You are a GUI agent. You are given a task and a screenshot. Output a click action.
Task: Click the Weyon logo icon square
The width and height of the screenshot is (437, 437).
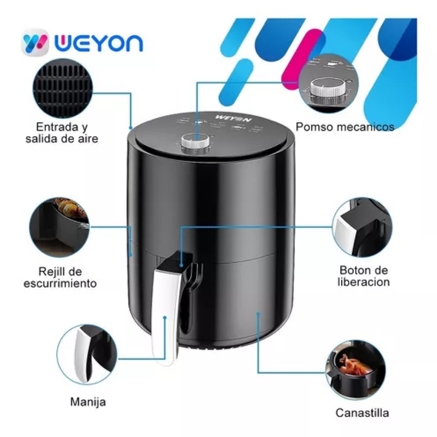coord(35,42)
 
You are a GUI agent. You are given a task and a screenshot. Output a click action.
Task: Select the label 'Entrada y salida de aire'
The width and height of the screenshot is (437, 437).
coord(62,133)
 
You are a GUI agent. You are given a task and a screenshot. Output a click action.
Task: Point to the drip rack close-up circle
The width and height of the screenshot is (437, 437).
coord(59,227)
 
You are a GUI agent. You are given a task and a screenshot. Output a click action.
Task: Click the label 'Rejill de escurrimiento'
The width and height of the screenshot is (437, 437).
coord(60,277)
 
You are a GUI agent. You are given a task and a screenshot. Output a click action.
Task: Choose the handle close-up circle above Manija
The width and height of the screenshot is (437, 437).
coord(86,354)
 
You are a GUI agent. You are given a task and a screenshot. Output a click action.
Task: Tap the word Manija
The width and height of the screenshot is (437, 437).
coord(88,402)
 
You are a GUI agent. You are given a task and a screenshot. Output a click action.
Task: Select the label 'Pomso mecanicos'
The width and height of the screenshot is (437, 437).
coord(345,127)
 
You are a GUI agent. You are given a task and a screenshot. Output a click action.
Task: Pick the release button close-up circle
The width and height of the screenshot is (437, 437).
coord(362,227)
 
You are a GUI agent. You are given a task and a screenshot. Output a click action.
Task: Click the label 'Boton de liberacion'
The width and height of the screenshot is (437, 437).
coord(363,276)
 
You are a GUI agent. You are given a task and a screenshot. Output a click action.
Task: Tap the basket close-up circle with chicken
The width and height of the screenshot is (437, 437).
coord(356,369)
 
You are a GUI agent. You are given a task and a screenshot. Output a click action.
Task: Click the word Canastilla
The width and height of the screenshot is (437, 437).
coord(362,413)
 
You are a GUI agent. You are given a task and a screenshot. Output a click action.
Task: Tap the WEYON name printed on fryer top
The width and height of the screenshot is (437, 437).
coord(229,119)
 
